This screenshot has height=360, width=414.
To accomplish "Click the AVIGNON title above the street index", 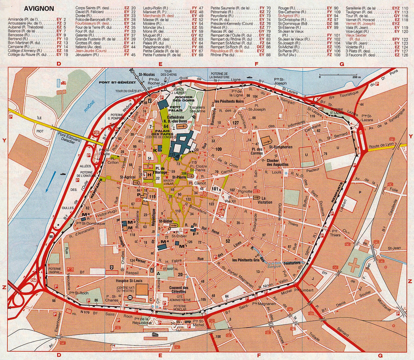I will point(39,8).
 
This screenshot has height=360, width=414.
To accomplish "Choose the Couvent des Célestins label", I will point(179,290).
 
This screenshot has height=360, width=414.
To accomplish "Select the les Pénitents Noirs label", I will point(229,101).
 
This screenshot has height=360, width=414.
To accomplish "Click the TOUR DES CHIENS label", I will point(169,73).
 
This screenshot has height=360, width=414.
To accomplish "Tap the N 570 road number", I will point(84,312).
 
